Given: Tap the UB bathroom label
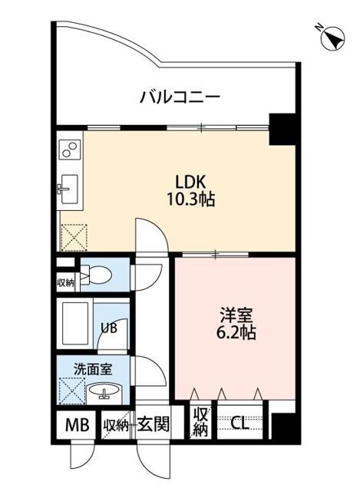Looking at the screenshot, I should (109, 328).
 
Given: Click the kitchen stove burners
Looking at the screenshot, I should (69, 147).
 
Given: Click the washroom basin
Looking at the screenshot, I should (104, 392).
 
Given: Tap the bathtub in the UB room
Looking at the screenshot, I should (76, 325).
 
